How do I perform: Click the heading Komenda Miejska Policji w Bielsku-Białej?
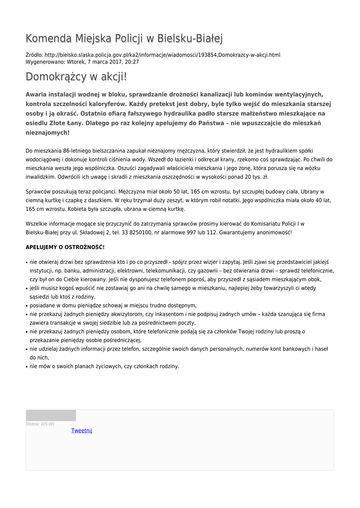[x=124, y=38]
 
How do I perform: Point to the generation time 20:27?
[x=132, y=62]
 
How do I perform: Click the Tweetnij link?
[x=81, y=431]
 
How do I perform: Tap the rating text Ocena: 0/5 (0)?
[x=40, y=424]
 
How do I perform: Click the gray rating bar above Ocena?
[x=51, y=416]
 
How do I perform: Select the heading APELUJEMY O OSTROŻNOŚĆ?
[x=65, y=247]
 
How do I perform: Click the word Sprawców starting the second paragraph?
[x=38, y=191]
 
